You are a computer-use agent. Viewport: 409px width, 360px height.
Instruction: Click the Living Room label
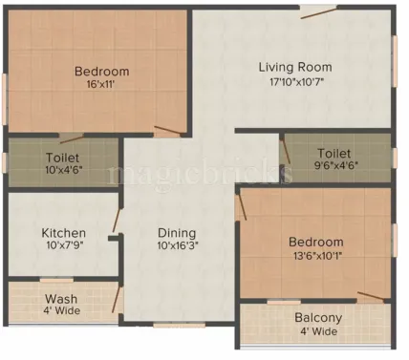point(295,67)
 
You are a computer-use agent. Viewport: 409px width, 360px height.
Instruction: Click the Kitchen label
point(64,232)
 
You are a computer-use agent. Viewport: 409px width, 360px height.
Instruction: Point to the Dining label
point(177,232)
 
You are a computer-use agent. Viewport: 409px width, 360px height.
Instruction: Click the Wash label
point(61,299)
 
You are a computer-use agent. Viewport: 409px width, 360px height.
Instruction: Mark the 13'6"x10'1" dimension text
point(316,256)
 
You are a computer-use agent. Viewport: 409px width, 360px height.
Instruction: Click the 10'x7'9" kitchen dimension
point(64,246)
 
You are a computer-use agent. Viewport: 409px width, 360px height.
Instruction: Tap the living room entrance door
point(317,11)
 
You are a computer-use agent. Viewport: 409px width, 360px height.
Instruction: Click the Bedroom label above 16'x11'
point(101,72)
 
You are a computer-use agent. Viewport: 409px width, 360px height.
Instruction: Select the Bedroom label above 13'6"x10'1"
point(316,243)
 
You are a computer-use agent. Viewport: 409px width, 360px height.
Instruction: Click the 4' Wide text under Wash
point(61,312)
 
